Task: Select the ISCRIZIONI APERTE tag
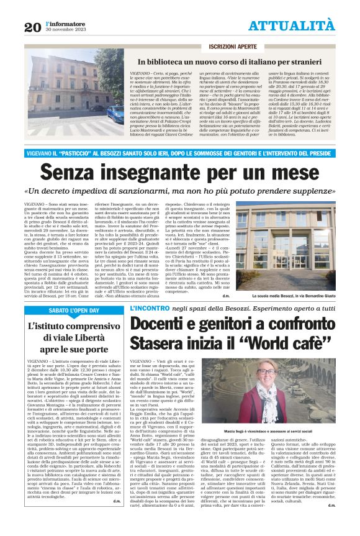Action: click(233, 47)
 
